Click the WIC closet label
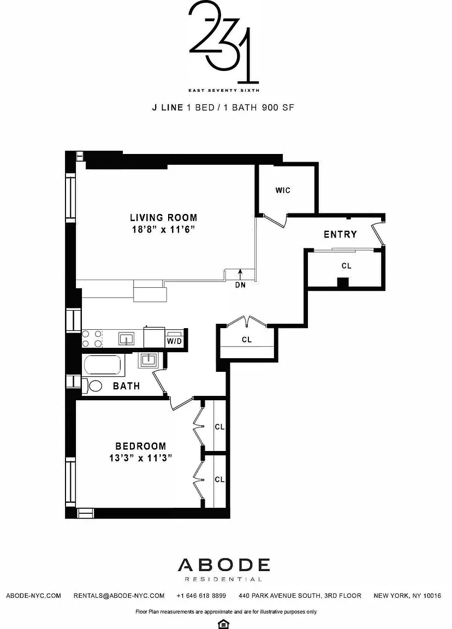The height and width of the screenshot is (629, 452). (x=283, y=190)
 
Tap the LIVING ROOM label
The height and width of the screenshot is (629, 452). (x=164, y=217)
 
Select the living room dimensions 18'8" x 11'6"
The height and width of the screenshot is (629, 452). (x=164, y=230)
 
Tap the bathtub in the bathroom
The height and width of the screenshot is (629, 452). (x=102, y=365)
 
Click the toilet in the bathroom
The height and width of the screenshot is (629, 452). (x=92, y=386)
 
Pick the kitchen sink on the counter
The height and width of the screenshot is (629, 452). (x=126, y=339)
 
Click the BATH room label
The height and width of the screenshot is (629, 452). (x=126, y=386)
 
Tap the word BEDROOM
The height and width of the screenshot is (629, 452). (x=141, y=446)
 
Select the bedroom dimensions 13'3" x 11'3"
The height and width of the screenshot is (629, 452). (x=141, y=458)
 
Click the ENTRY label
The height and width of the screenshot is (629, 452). (x=340, y=234)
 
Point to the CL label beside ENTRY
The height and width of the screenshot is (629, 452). (x=347, y=265)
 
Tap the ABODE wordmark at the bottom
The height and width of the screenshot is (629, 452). (x=224, y=565)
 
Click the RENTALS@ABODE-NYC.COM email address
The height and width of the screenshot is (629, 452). (x=119, y=596)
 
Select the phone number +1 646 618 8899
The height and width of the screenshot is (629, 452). (x=201, y=596)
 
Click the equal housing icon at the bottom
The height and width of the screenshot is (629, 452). (x=223, y=624)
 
